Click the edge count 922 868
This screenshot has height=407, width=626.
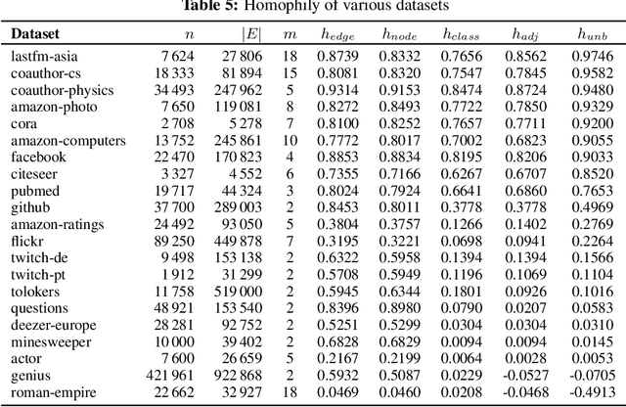(241, 375)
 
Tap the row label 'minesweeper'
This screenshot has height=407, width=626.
(50, 341)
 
